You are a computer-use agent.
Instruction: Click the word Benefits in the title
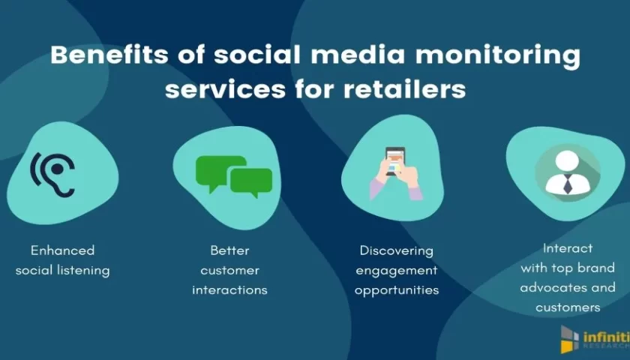click(x=109, y=55)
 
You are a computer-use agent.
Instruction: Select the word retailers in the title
click(x=404, y=89)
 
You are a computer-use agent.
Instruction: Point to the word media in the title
click(x=358, y=55)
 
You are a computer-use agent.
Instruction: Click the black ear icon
click(x=53, y=174)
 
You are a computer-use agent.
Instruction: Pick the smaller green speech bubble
click(x=251, y=182)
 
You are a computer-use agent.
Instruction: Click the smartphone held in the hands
click(x=395, y=160)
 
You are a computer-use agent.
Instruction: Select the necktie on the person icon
click(x=568, y=184)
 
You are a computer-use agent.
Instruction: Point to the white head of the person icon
click(x=567, y=162)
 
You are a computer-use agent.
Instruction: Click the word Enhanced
click(x=63, y=250)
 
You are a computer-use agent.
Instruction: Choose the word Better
click(x=229, y=250)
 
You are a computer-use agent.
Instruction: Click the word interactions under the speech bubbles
click(x=229, y=289)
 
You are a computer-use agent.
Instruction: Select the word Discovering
click(x=397, y=250)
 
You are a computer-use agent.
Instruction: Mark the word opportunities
click(x=397, y=290)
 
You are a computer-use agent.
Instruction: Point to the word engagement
click(x=397, y=271)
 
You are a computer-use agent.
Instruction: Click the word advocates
click(x=547, y=288)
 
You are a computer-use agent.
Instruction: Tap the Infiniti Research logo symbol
click(x=570, y=340)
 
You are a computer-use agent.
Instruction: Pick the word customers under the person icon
click(x=568, y=307)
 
